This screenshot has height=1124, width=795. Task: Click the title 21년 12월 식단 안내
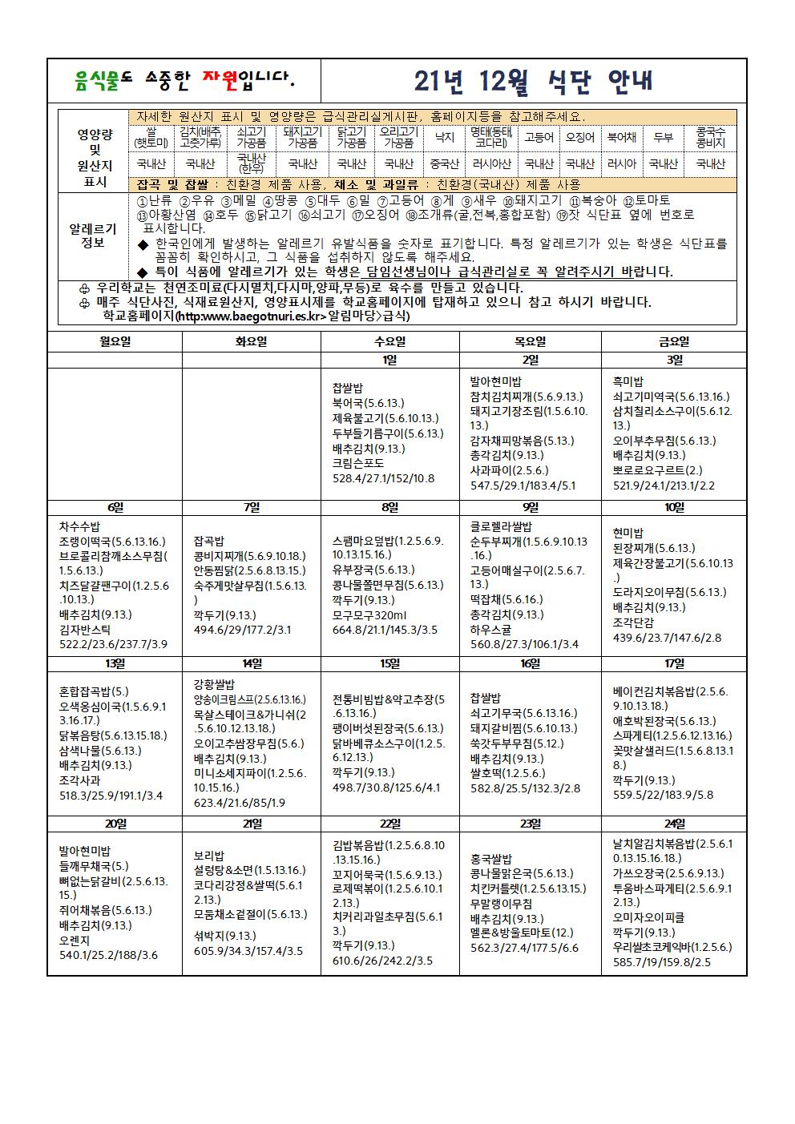533,82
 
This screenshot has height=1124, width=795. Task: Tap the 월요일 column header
114,341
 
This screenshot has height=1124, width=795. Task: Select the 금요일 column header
674,341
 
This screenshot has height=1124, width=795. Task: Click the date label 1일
389,360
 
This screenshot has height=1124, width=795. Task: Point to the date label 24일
674,824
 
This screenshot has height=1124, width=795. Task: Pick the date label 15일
389,663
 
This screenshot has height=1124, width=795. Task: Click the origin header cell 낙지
444,137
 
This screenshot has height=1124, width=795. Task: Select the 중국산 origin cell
444,163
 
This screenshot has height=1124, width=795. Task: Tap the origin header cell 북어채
621,137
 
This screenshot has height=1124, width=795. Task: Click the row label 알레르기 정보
93,236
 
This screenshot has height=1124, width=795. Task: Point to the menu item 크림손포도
357,463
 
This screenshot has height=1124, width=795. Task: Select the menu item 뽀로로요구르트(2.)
657,470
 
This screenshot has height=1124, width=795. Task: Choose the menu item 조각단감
633,622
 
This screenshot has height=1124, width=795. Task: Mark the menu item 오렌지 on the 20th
75,940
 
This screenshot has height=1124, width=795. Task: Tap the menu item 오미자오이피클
650,917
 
